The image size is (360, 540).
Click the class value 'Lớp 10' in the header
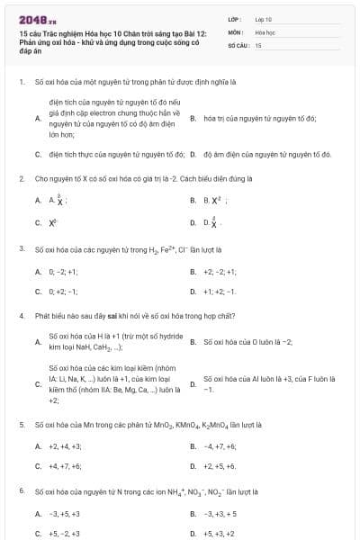click(x=263, y=18)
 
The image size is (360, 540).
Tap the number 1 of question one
click(x=21, y=81)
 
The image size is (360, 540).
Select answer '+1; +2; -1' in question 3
click(x=220, y=292)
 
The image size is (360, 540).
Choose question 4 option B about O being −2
click(x=248, y=342)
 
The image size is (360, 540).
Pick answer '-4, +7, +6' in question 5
click(x=221, y=445)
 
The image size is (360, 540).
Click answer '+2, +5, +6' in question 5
click(x=220, y=466)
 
